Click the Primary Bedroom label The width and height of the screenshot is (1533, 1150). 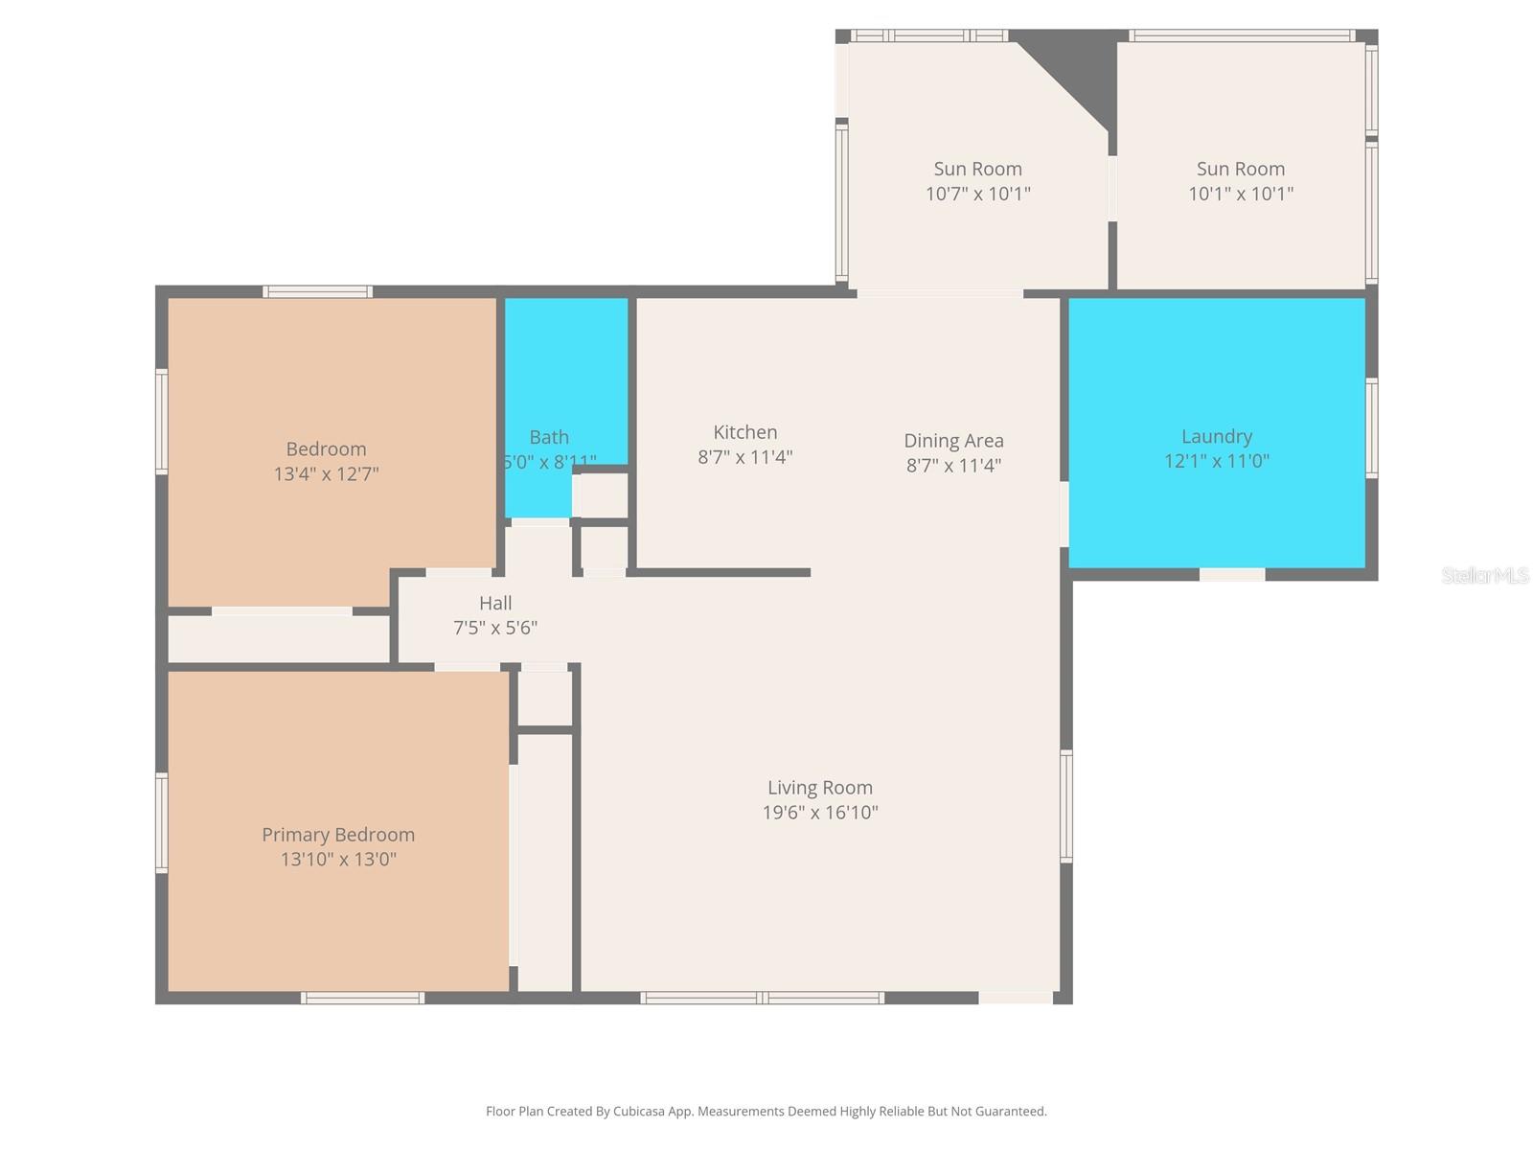pyautogui.click(x=338, y=835)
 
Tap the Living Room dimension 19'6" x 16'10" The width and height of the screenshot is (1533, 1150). pyautogui.click(x=820, y=813)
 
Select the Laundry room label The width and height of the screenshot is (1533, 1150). pyautogui.click(x=1217, y=436)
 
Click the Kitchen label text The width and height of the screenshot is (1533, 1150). pyautogui.click(x=744, y=432)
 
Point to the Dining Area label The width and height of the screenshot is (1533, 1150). pyautogui.click(x=953, y=441)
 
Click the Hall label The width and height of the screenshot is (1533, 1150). pyautogui.click(x=495, y=603)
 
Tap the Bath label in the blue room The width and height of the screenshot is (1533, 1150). pyautogui.click(x=549, y=437)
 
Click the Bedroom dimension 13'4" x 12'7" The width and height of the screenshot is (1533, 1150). pyautogui.click(x=327, y=473)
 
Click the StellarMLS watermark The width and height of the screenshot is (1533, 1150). pyautogui.click(x=1485, y=575)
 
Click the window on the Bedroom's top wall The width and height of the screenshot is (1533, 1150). pyautogui.click(x=318, y=291)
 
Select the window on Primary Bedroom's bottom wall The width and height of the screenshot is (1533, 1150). pyautogui.click(x=362, y=998)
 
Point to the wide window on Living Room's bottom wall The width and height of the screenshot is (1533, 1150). pyautogui.click(x=762, y=998)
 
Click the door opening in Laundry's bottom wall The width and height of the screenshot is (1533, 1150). pyautogui.click(x=1232, y=574)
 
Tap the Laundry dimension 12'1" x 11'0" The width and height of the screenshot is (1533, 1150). pyautogui.click(x=1217, y=461)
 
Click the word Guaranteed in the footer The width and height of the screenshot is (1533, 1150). pyautogui.click(x=1009, y=1112)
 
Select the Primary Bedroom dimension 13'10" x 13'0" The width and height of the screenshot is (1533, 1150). pyautogui.click(x=338, y=860)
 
